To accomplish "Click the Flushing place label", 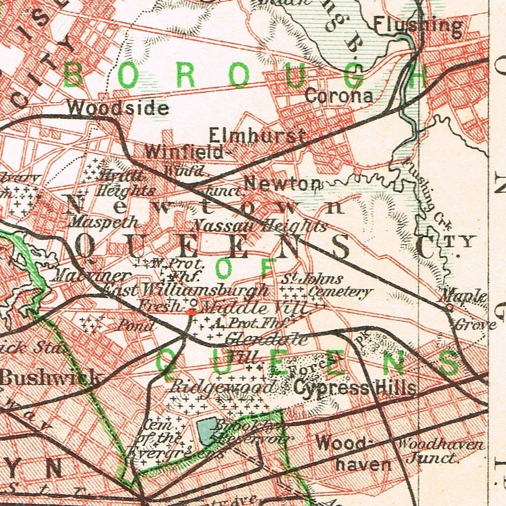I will click(x=419, y=24).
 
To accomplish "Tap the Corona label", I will click(x=339, y=96).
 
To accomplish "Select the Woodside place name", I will click(x=118, y=108).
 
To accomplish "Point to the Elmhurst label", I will click(x=257, y=135).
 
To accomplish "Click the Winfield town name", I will click(x=184, y=152).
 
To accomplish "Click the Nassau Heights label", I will click(x=259, y=227).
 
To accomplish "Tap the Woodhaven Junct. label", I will click(x=439, y=451).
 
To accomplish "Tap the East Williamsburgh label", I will click(x=186, y=290).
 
